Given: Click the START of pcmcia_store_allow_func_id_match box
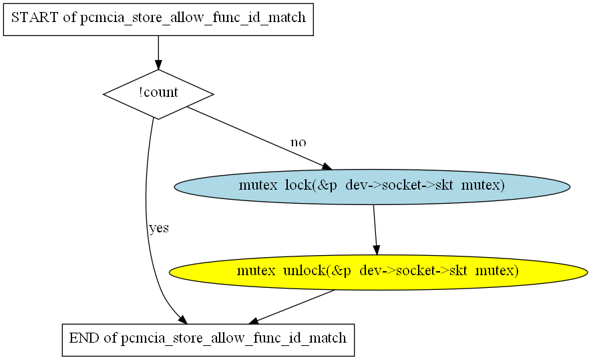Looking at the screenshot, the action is pyautogui.click(x=158, y=19).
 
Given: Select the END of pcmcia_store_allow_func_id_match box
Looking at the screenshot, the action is pyautogui.click(x=208, y=340).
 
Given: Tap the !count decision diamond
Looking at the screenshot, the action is pyautogui.click(x=158, y=94).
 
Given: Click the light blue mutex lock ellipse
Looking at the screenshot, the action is pyautogui.click(x=372, y=187).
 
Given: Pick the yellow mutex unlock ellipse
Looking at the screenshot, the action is pyautogui.click(x=378, y=272).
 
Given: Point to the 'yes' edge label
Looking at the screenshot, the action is pyautogui.click(x=159, y=228).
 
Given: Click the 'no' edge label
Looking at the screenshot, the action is pyautogui.click(x=298, y=142).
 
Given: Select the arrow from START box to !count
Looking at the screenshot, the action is pyautogui.click(x=158, y=53).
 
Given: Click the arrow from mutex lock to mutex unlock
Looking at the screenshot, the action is pyautogui.click(x=375, y=230).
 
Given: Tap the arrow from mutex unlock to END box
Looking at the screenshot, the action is pyautogui.click(x=292, y=307).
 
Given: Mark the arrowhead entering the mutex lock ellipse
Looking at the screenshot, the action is pyautogui.click(x=327, y=166).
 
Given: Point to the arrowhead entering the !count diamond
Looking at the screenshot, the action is pyautogui.click(x=158, y=65).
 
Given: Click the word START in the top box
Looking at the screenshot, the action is pyautogui.click(x=35, y=17).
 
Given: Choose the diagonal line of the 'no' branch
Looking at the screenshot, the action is pyautogui.click(x=259, y=138).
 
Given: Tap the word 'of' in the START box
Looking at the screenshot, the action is pyautogui.click(x=69, y=17).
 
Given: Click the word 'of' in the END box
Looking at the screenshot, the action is pyautogui.click(x=110, y=338).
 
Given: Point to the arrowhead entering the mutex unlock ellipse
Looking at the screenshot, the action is pyautogui.click(x=376, y=250).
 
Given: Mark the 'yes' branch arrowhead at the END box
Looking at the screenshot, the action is pyautogui.click(x=182, y=320).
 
